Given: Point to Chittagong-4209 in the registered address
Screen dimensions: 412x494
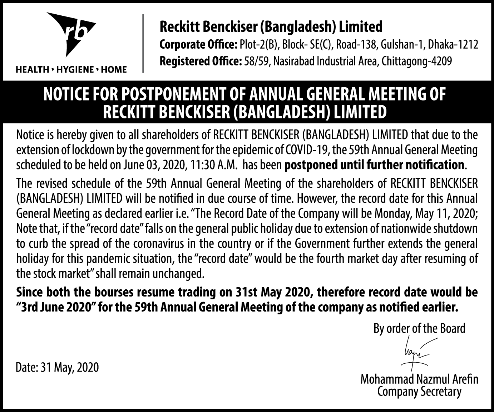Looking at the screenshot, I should coord(417,62).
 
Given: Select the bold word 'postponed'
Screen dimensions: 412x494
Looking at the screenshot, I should coord(311,165).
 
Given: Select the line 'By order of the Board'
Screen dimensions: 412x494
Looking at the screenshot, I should coord(419,328).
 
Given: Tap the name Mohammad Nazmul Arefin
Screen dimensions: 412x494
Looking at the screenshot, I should coord(419,379).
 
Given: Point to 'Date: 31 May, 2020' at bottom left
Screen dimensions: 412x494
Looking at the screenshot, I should coord(57,367).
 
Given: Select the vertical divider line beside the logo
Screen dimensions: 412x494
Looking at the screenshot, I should coord(143,44).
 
